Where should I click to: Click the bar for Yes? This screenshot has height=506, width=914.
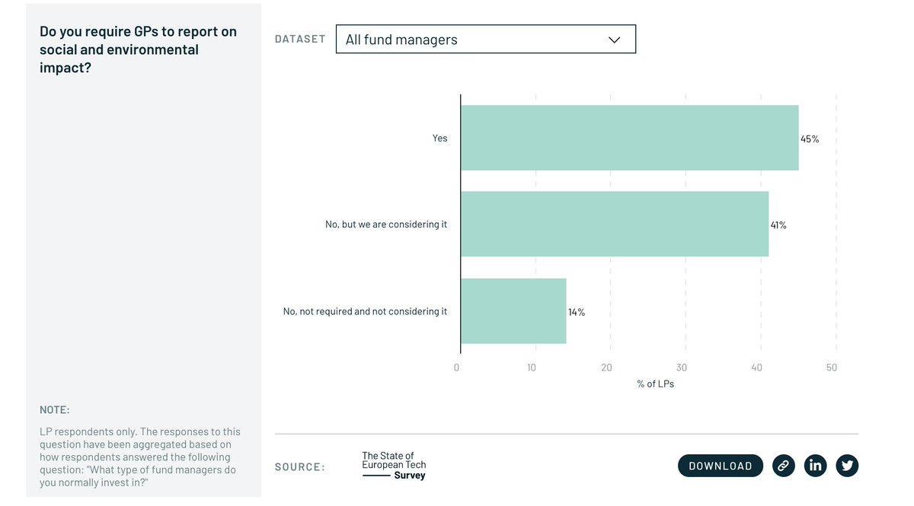pyautogui.click(x=629, y=138)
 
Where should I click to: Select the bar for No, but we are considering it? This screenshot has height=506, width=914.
pyautogui.click(x=614, y=224)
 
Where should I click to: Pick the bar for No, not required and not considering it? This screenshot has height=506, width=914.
pyautogui.click(x=513, y=310)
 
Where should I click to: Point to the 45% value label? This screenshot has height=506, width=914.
pyautogui.click(x=810, y=139)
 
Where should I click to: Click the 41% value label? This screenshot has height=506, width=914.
pyautogui.click(x=778, y=225)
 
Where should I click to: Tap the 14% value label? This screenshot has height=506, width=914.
pyautogui.click(x=577, y=312)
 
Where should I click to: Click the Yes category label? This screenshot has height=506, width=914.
pyautogui.click(x=440, y=138)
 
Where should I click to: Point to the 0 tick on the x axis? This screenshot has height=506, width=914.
pyautogui.click(x=457, y=368)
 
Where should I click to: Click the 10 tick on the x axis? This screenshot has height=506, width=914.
pyautogui.click(x=532, y=368)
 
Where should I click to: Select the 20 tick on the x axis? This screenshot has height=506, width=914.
pyautogui.click(x=606, y=368)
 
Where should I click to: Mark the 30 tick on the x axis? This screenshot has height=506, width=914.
pyautogui.click(x=682, y=368)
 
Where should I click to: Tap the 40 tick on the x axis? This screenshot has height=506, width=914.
pyautogui.click(x=756, y=368)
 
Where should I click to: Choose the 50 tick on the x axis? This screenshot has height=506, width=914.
pyautogui.click(x=832, y=368)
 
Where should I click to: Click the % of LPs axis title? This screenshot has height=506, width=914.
pyautogui.click(x=655, y=384)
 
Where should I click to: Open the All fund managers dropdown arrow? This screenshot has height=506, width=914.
pyautogui.click(x=615, y=40)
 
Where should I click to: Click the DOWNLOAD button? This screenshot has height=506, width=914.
pyautogui.click(x=720, y=466)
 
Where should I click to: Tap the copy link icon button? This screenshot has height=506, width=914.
pyautogui.click(x=784, y=466)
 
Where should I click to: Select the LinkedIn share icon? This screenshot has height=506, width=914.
pyautogui.click(x=816, y=466)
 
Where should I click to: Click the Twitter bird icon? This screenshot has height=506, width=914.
pyautogui.click(x=847, y=466)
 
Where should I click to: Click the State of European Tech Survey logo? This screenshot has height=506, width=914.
pyautogui.click(x=394, y=466)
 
